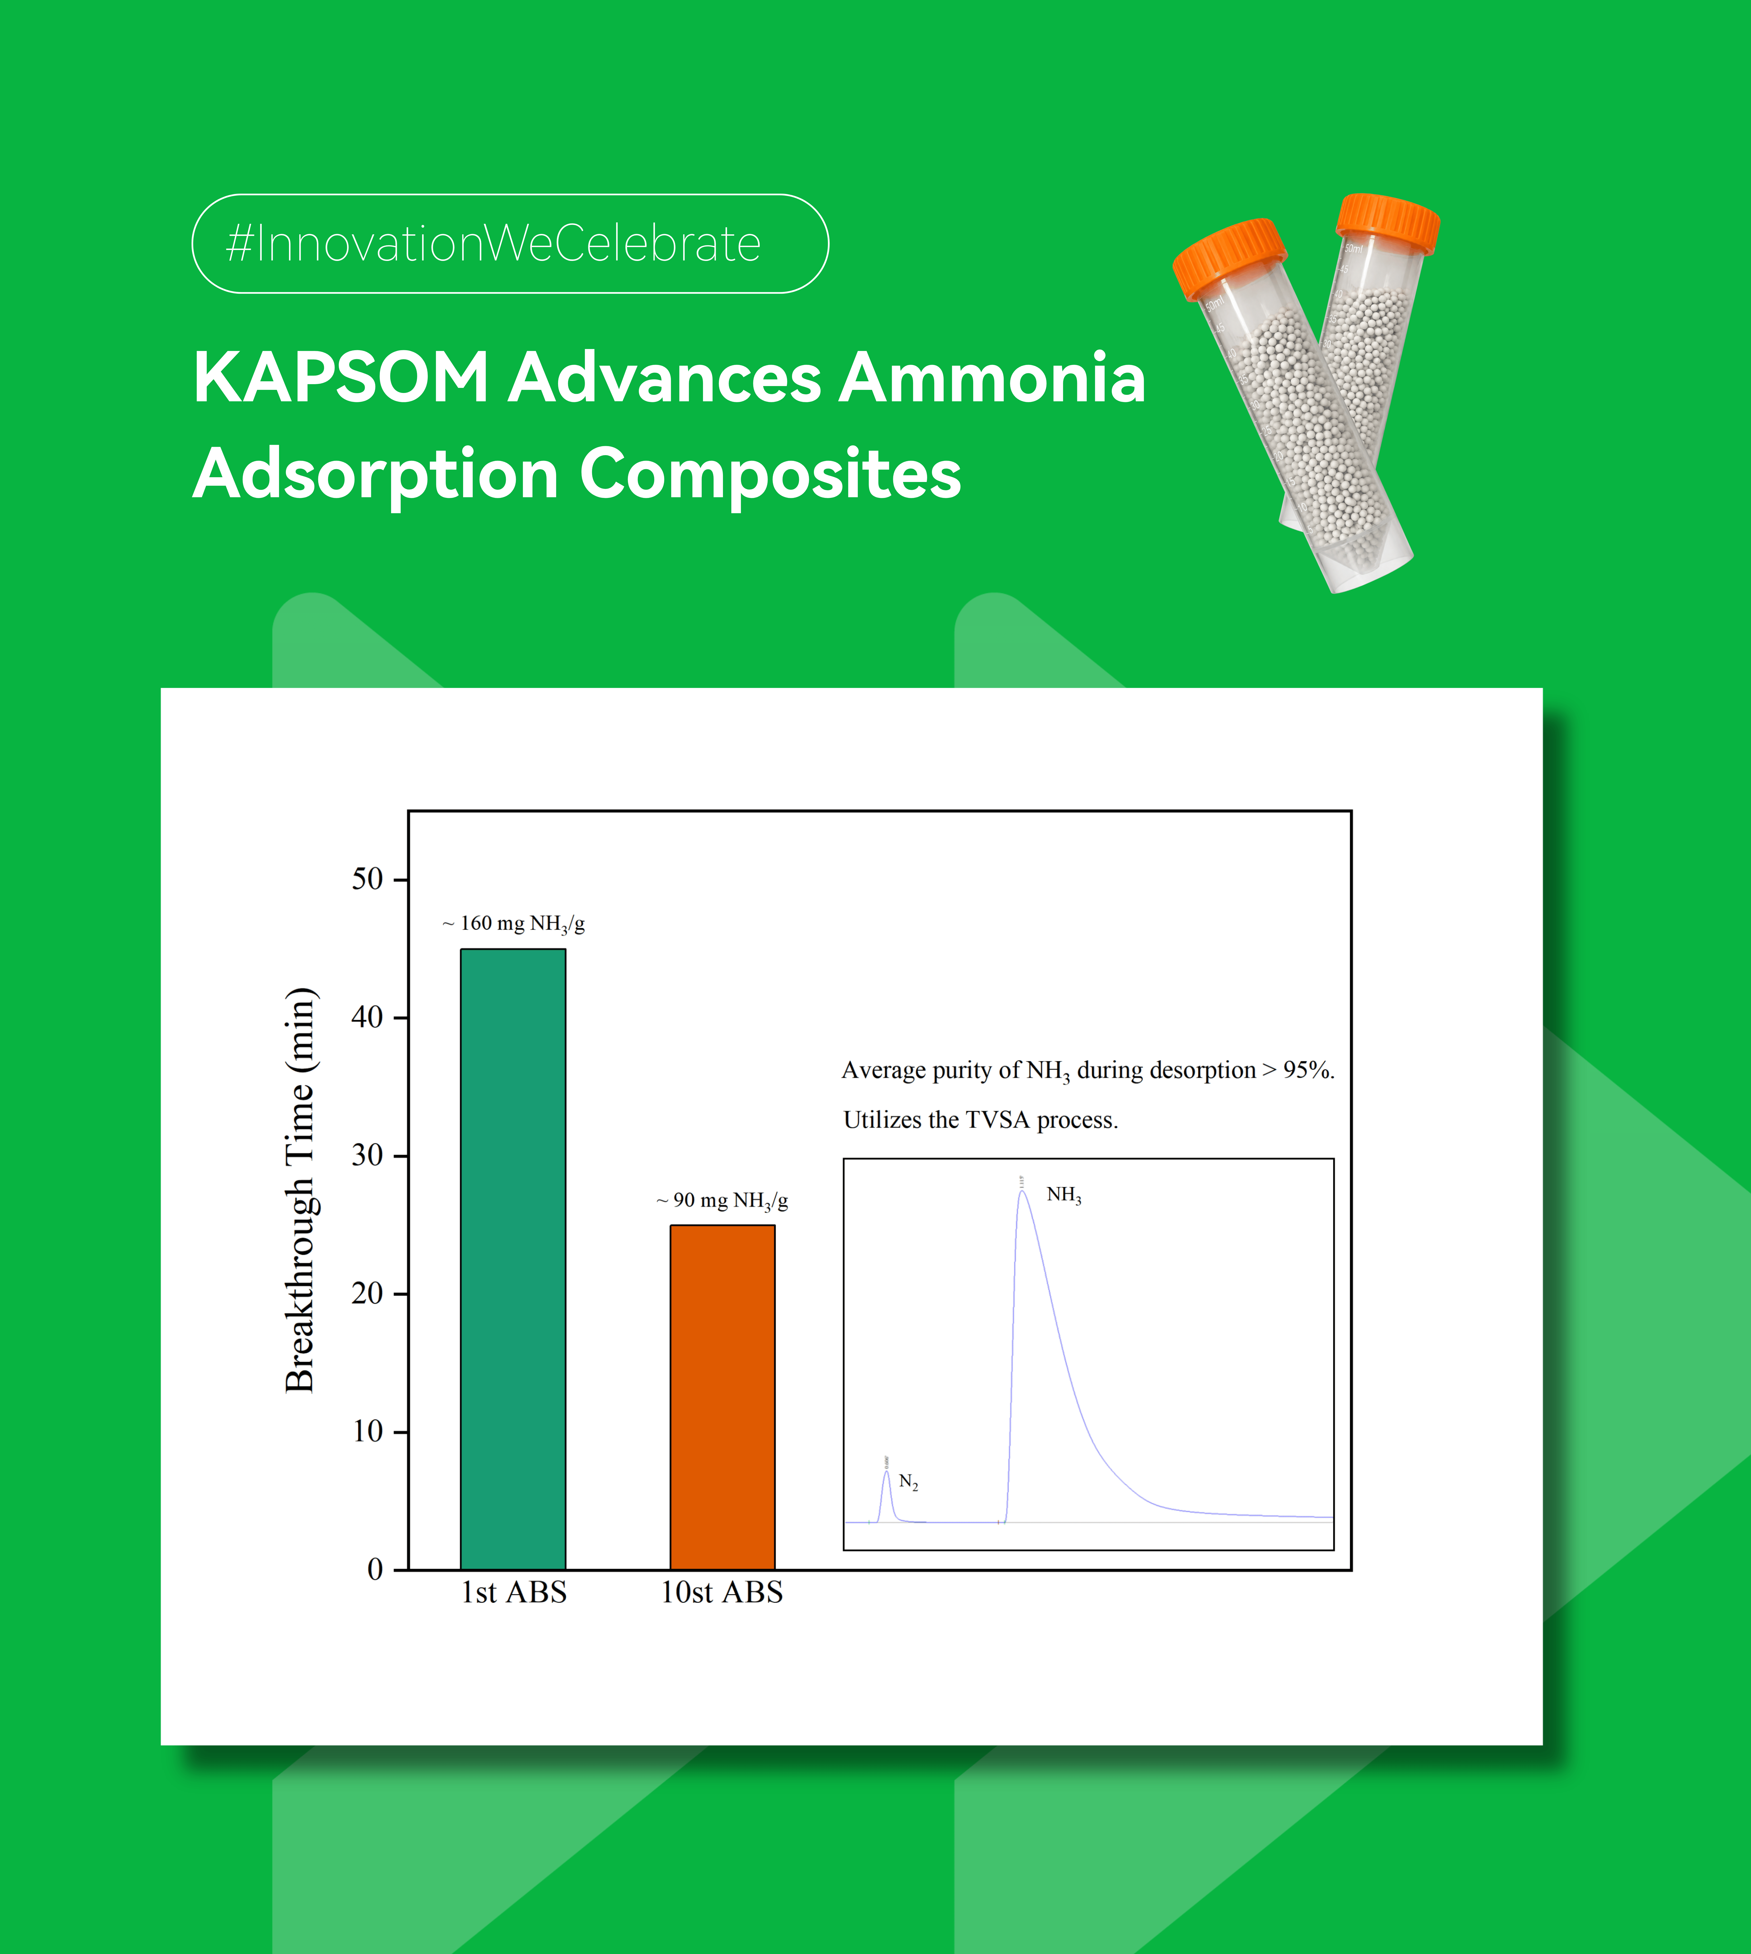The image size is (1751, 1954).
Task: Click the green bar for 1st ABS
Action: click(513, 1259)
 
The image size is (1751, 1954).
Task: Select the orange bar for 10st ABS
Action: click(722, 1397)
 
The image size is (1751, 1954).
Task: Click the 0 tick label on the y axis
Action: click(375, 1569)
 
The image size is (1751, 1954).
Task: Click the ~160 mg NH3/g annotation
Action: click(514, 924)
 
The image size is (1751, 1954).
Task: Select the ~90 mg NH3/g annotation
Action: click(722, 1201)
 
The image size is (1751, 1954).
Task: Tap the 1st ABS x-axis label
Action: click(514, 1592)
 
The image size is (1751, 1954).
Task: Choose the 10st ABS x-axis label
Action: click(721, 1592)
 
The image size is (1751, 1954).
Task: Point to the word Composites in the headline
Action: click(771, 475)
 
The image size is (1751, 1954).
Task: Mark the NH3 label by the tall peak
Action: click(1064, 1195)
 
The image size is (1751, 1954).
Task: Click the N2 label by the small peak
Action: click(908, 1482)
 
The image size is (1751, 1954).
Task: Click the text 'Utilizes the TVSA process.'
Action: click(980, 1120)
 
